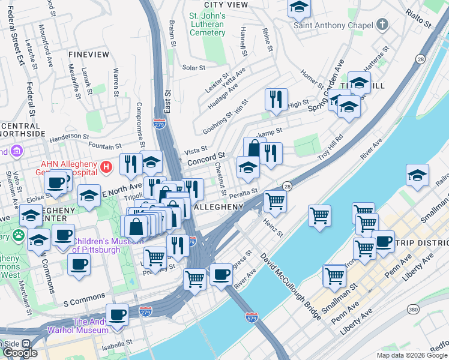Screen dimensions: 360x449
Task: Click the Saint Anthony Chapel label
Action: pos(330,25)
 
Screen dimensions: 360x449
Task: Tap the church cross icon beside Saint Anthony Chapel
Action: pos(382,25)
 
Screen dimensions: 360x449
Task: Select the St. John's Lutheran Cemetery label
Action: pos(206,24)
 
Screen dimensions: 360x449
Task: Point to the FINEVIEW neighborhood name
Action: pos(89,55)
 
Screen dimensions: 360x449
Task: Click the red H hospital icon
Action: pos(106,166)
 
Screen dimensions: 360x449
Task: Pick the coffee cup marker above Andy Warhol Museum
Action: pos(117,314)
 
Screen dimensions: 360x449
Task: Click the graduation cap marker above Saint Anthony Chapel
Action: pos(298,7)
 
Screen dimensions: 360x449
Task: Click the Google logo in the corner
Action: pos(20,353)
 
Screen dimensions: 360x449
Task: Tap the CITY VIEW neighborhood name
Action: pos(226,4)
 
